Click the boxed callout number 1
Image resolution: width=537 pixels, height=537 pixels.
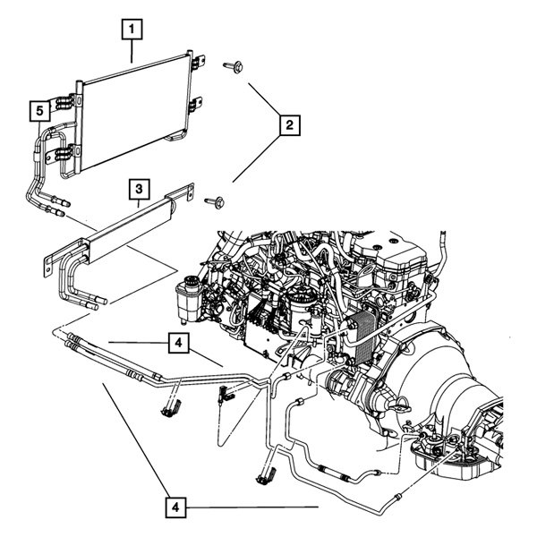132,30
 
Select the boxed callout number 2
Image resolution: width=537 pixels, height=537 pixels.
287,127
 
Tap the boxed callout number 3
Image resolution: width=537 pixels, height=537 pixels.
139,189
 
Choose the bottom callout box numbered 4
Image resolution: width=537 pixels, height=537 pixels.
177,507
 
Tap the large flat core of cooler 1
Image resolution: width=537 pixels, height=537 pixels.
134,111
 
